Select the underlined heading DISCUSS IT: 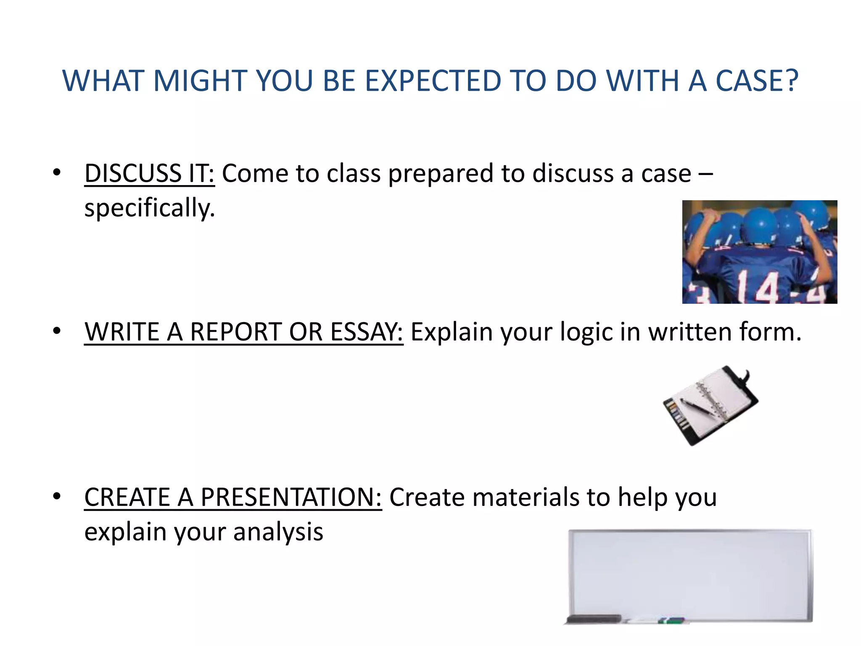[149, 173]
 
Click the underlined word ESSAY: [367, 332]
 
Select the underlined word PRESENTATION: [291, 497]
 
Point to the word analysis [278, 532]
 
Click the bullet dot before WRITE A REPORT [57, 331]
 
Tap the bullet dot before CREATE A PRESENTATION [57, 497]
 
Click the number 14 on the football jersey [759, 287]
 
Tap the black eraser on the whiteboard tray [594, 619]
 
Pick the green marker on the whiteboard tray [671, 620]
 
